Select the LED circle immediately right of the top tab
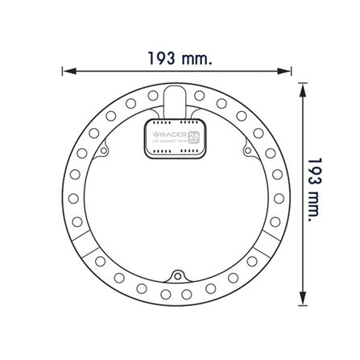[199, 97]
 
